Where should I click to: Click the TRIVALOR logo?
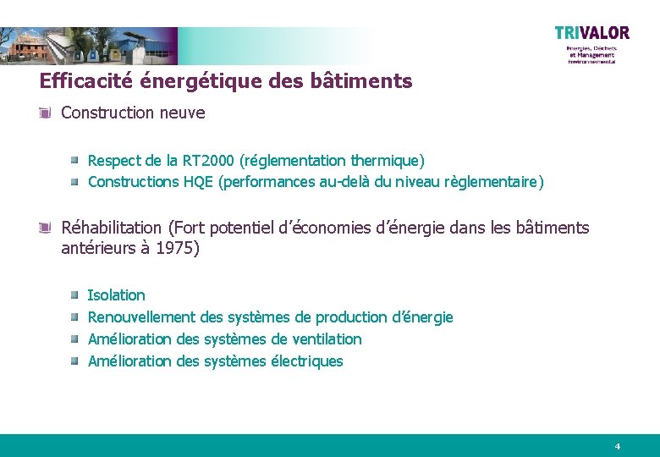tap(591, 33)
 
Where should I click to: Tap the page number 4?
tap(618, 446)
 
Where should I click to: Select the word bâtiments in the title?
tap(370, 81)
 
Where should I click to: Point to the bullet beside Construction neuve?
tap(47, 113)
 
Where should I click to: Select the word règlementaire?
tap(498, 182)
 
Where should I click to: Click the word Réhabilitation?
tap(111, 228)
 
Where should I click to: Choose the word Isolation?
tap(117, 295)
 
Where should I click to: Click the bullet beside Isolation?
tap(74, 295)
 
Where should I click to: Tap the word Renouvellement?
tap(141, 317)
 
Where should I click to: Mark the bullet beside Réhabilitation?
tap(47, 228)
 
